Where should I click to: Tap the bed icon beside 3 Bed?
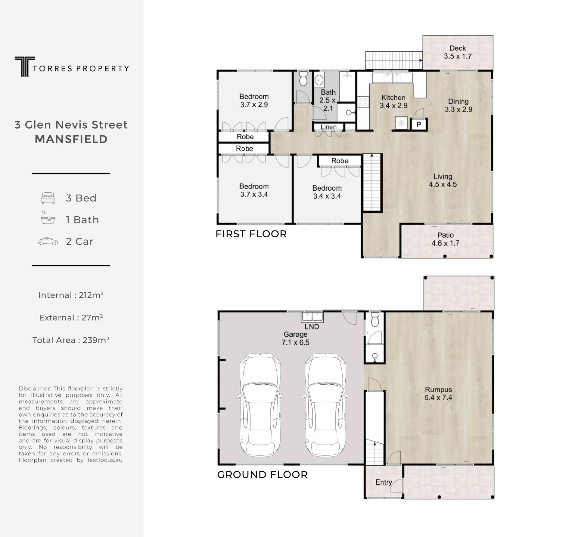48,198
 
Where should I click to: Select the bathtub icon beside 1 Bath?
48,218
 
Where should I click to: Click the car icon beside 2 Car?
48,241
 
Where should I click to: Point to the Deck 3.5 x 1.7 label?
458,52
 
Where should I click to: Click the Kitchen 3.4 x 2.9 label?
393,101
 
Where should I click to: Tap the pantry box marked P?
419,124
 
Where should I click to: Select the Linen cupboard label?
328,127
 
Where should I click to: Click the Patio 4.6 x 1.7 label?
445,239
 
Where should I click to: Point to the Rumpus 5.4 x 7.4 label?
438,393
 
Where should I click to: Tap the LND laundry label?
312,327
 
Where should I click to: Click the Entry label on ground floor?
384,482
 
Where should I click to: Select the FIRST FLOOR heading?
251,234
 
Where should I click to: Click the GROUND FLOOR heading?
262,475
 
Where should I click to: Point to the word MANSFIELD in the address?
71,139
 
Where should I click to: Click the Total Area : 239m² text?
71,340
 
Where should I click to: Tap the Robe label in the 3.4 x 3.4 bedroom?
340,161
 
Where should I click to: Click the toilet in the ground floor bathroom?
375,320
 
